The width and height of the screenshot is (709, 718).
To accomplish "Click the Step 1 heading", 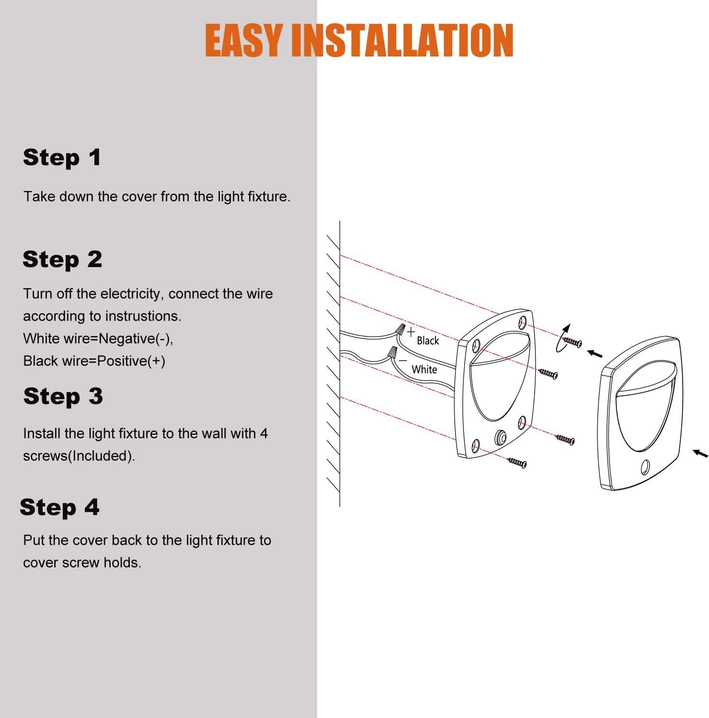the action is (62, 157).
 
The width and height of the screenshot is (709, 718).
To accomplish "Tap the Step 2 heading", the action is (62, 259).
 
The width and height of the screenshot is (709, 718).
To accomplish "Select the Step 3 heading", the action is (63, 396).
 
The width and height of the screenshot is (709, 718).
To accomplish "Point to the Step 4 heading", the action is (60, 507).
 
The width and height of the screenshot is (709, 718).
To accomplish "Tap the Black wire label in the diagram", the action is (428, 340).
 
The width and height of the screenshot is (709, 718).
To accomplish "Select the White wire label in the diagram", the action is (424, 369).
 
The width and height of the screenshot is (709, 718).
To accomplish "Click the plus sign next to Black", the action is (411, 331).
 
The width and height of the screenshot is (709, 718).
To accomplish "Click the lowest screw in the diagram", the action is (517, 462).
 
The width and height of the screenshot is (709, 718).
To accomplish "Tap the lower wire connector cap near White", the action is (393, 353).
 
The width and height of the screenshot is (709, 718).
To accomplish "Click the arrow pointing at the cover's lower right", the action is (701, 453).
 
